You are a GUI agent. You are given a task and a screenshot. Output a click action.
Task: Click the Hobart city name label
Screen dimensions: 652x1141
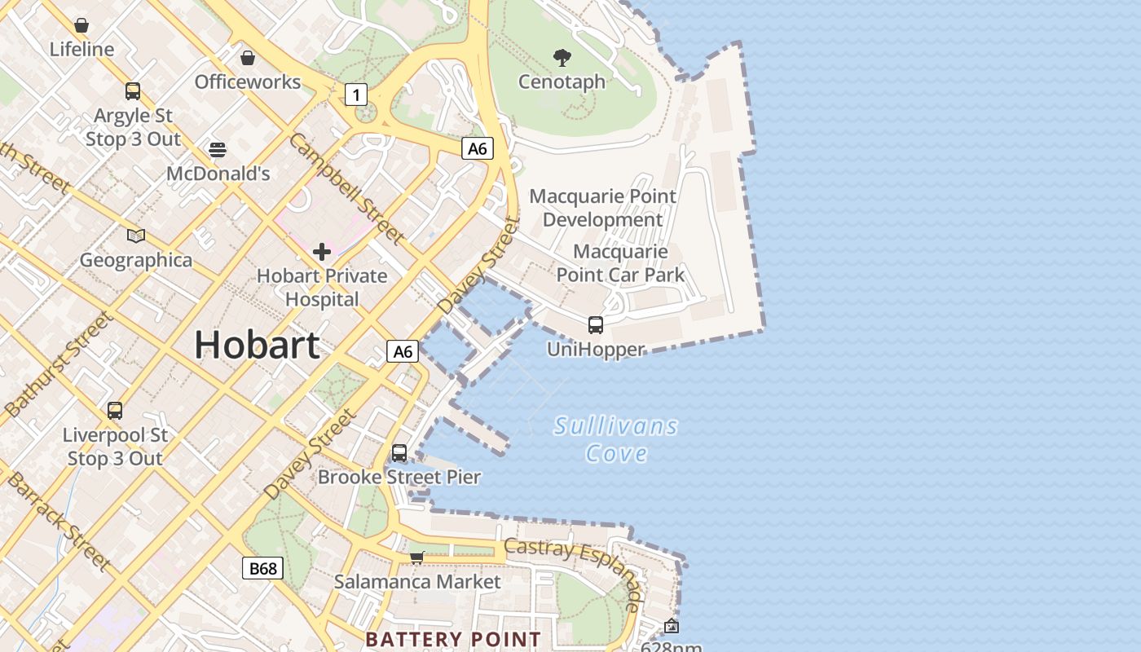(257, 345)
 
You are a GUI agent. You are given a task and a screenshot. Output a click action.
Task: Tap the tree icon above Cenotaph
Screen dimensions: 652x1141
(562, 58)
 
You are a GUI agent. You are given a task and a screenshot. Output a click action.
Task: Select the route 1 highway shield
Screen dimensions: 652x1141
(355, 95)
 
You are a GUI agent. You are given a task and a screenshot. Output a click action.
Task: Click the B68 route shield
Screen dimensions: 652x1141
(262, 568)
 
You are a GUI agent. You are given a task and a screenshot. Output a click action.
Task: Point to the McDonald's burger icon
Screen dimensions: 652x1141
(217, 150)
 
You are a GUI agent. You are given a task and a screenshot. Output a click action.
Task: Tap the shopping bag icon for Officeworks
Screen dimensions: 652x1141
(247, 58)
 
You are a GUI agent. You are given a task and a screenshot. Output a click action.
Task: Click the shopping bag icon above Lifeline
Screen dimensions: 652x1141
(81, 25)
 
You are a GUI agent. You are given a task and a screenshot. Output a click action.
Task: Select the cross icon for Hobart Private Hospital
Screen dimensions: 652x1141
(322, 252)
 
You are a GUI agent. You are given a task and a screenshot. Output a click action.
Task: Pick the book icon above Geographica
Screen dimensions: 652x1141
(136, 236)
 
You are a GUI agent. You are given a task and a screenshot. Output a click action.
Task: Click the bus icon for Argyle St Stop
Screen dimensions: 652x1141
(133, 91)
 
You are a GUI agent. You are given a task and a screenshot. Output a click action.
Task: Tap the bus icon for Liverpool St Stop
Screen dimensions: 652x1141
(115, 411)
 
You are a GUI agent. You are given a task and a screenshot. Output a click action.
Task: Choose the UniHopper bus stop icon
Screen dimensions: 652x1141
(596, 325)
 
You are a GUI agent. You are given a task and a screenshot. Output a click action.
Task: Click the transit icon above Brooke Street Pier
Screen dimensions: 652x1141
(399, 453)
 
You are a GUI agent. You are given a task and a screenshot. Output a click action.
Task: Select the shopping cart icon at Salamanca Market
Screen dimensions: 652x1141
(417, 557)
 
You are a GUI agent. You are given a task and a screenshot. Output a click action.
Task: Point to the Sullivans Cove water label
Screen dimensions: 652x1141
(616, 439)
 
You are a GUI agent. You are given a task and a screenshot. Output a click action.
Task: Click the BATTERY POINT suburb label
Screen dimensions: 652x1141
(453, 639)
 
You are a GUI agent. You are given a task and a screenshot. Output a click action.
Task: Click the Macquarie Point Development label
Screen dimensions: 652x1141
(603, 208)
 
